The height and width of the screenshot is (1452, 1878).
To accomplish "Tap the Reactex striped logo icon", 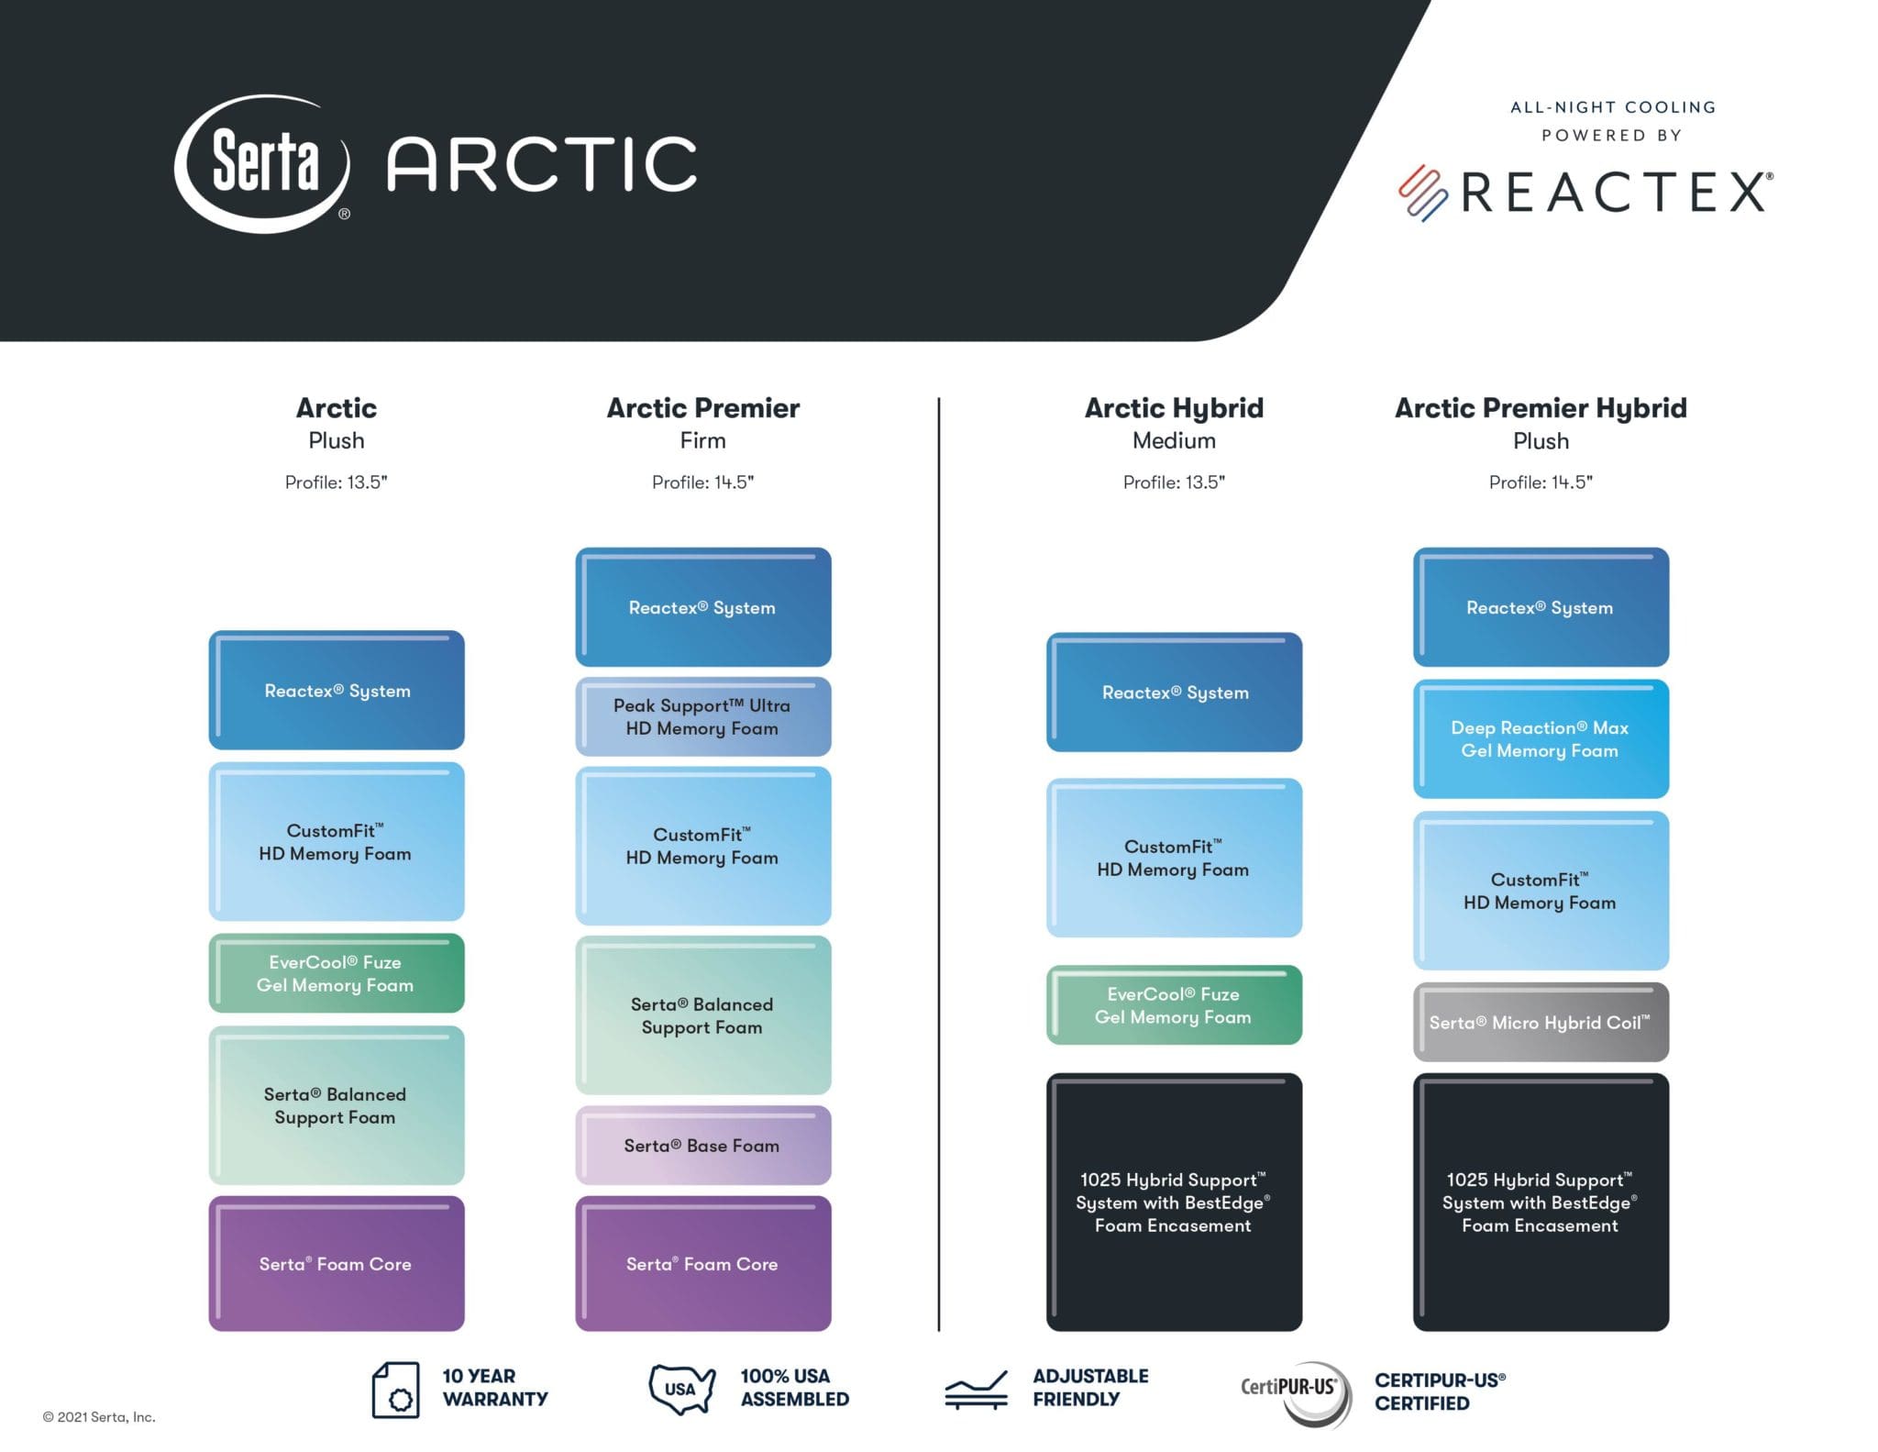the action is (x=1422, y=194).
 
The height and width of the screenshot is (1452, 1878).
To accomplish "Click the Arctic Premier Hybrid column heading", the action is (x=1541, y=408).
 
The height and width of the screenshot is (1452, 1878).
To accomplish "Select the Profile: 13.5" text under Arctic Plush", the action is (x=336, y=482).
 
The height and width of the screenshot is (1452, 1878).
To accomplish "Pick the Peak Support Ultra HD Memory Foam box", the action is (x=703, y=716).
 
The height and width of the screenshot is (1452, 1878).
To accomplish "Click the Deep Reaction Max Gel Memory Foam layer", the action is (x=1541, y=738).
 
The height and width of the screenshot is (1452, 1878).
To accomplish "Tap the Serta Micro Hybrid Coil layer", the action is (x=1541, y=1022).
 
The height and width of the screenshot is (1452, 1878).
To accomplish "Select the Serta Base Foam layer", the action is (x=703, y=1145).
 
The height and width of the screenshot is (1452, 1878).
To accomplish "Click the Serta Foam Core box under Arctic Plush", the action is (x=337, y=1263).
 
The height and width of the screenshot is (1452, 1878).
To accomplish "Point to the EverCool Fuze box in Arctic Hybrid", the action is (x=1174, y=1004).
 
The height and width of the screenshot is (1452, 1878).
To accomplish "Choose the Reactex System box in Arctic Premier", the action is (x=703, y=607).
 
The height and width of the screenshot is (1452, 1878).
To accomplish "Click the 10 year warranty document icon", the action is (x=396, y=1390).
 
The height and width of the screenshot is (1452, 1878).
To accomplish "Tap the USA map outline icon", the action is (x=681, y=1389).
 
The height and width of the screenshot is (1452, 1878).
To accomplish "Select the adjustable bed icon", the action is (x=977, y=1391).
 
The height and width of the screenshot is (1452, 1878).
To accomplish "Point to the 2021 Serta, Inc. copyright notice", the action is (x=99, y=1417).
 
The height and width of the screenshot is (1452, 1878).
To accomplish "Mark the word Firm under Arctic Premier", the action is (x=703, y=440).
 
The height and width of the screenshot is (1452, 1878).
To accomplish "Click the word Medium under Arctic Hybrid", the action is (x=1174, y=440).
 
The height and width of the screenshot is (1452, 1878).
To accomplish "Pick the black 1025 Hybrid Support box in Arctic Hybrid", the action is (x=1174, y=1202).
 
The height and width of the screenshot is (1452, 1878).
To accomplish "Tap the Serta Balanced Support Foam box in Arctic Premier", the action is (x=703, y=1014).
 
